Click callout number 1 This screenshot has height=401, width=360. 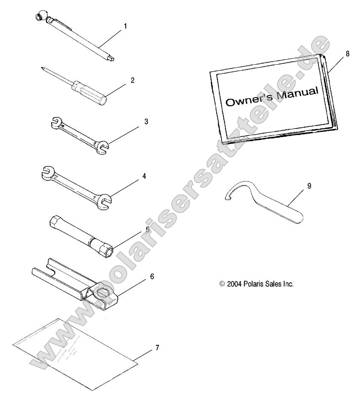(125, 26)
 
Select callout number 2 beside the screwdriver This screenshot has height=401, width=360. (132, 80)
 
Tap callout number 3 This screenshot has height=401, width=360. (146, 122)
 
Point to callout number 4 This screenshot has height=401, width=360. (144, 176)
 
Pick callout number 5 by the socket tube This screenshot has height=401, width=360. (147, 229)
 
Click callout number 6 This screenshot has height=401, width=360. (152, 276)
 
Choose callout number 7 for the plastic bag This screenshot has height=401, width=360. (157, 347)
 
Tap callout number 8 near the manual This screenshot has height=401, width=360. (348, 54)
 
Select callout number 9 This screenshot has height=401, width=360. (309, 186)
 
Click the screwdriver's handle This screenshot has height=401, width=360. (90, 92)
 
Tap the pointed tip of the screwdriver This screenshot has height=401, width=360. (42, 68)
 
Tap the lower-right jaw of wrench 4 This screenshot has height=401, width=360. (104, 202)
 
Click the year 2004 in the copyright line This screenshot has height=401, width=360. (234, 284)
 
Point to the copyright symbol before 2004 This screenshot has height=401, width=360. (222, 284)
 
